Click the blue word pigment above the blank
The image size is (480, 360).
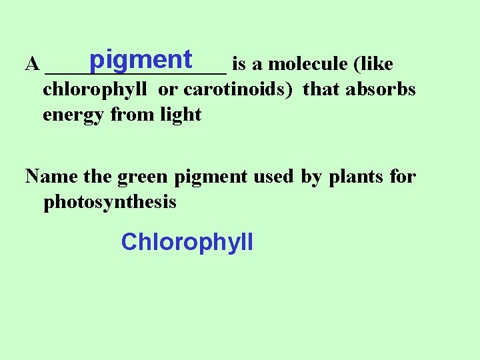pos(140,60)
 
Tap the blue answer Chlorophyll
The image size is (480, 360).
pos(187,241)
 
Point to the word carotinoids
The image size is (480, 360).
pos(238,89)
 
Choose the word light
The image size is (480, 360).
pos(181,115)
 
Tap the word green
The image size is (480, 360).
pos(141,177)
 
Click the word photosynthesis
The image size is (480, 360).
pos(110,203)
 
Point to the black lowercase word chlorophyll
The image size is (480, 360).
pos(95,89)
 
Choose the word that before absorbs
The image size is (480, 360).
pos(322,89)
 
